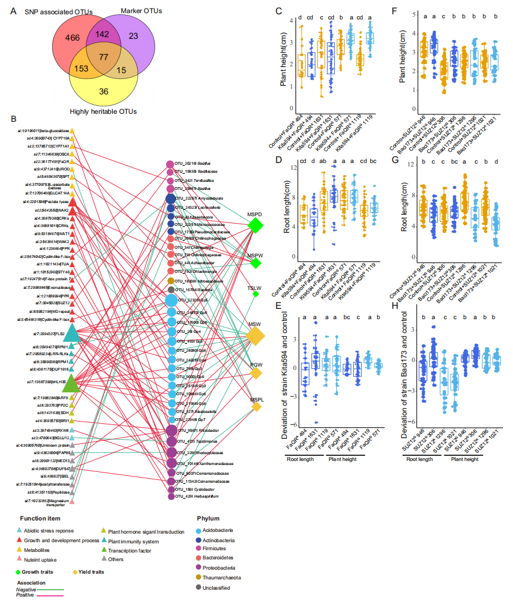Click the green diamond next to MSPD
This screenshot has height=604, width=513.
(255, 226)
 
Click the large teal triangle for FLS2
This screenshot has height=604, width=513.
(72, 332)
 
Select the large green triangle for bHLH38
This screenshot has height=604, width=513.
(72, 381)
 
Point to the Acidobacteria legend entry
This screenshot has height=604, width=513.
(219, 530)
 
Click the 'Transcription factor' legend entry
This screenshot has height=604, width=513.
(133, 550)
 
